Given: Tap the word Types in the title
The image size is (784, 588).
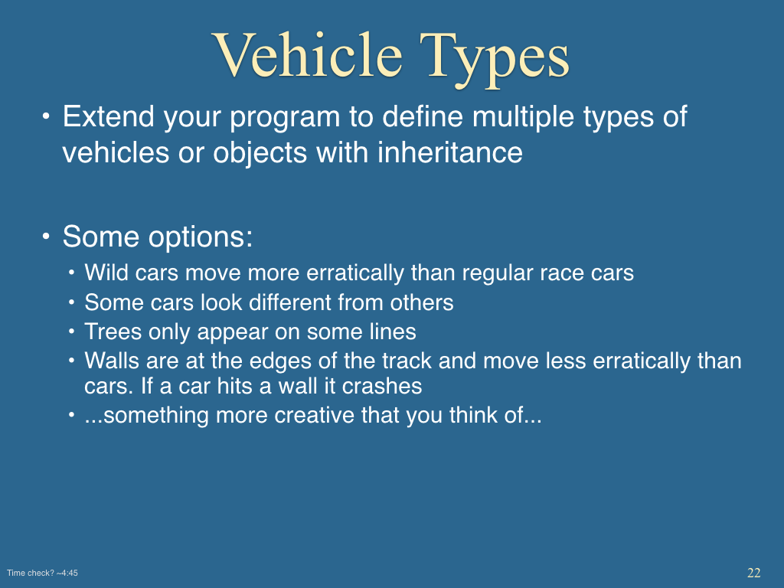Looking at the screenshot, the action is pos(494,60).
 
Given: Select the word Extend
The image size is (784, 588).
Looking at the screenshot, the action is pos(109,116).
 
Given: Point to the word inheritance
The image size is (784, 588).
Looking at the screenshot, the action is pos(450,152).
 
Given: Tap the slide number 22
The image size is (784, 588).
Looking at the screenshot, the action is pos(754,573).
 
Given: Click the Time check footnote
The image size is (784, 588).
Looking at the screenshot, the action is pos(43,573).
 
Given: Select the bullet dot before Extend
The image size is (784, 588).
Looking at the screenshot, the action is pos(46,116).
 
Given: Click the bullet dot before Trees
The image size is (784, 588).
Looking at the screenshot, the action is pos(72,331).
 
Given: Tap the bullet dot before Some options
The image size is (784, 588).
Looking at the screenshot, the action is pos(46,236).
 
